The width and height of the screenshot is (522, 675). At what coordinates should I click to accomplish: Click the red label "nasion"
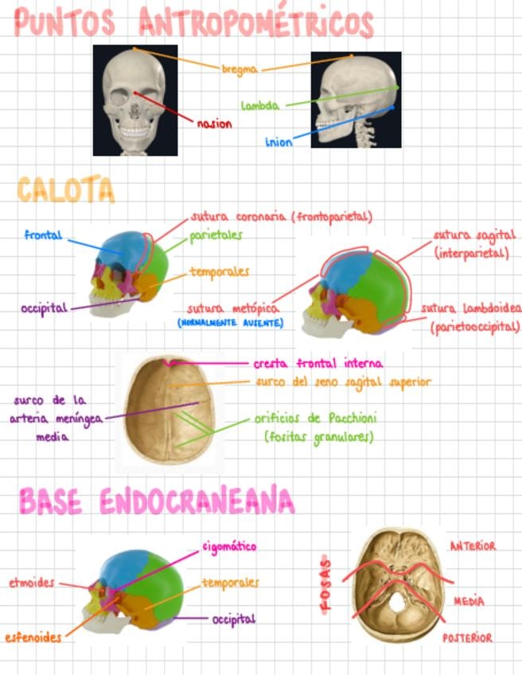point(215,124)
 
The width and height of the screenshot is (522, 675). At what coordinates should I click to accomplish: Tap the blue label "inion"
point(279,142)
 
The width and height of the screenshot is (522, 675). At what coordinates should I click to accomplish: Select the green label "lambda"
point(260,105)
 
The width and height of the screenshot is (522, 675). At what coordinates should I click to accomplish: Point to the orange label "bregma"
point(240,70)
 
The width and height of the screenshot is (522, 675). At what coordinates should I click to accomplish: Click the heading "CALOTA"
point(66,191)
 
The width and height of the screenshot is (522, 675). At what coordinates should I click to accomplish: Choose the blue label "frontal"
point(44,236)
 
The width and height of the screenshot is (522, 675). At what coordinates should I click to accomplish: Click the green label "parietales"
point(216,236)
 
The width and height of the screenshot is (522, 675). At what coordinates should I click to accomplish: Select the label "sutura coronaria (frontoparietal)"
point(282,217)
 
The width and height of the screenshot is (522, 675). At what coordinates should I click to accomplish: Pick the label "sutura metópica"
point(233,308)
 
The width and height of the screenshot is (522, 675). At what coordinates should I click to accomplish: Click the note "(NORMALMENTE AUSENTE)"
point(230,323)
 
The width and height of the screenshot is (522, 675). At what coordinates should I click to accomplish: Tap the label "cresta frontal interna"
point(318,364)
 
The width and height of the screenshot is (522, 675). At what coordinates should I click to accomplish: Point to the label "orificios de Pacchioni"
point(316,418)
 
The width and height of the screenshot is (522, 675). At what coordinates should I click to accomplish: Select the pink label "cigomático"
point(228,547)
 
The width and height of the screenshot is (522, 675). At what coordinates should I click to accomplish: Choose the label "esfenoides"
point(33,638)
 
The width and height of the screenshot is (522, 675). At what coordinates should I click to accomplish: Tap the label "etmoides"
point(32,583)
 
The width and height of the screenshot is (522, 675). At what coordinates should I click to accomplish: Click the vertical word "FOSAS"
point(327,583)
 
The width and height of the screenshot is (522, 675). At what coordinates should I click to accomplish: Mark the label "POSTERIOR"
point(467,638)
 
